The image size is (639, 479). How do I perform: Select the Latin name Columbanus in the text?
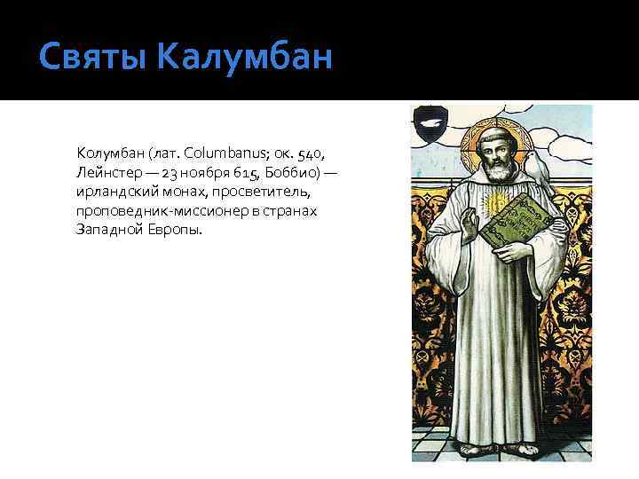pos(225,155)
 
